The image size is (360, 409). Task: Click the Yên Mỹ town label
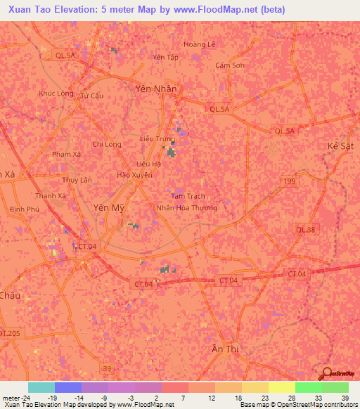tap(108, 207)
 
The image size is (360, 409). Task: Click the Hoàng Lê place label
tap(199, 44)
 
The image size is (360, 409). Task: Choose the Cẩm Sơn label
tap(230, 65)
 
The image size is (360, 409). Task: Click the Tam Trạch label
tap(188, 196)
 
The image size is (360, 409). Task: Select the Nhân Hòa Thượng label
tap(186, 208)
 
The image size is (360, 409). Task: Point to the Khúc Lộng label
tap(56, 93)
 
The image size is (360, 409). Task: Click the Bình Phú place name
tap(23, 209)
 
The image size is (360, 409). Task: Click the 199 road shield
tap(290, 181)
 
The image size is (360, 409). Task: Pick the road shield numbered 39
tap(106, 368)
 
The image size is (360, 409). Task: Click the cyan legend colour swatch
tap(41, 387)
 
